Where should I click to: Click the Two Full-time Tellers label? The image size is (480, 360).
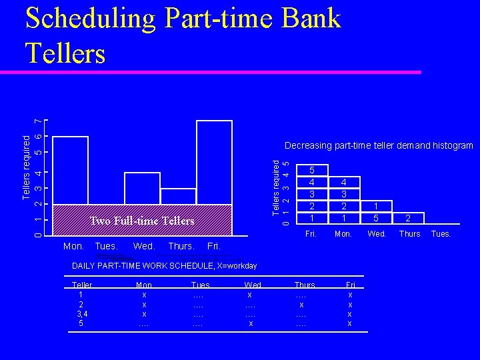point(143,221)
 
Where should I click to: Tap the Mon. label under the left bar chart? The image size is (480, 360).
point(73,247)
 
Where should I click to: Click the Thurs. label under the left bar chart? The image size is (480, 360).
point(181,247)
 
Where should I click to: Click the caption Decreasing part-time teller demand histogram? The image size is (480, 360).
point(379,145)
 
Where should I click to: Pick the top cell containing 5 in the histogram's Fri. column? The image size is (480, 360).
point(310,169)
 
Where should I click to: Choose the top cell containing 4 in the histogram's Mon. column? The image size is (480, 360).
point(343,181)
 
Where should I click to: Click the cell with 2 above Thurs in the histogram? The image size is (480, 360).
point(409,217)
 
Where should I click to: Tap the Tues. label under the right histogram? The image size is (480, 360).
point(441,234)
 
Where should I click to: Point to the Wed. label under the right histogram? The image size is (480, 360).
point(376,234)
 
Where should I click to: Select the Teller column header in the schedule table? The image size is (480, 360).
point(82,285)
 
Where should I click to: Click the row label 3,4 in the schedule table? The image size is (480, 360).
point(81,313)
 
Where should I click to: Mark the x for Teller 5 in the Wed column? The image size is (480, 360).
point(250,323)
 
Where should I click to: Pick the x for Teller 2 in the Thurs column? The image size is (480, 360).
point(301,304)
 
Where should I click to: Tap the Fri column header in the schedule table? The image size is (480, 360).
point(350,285)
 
